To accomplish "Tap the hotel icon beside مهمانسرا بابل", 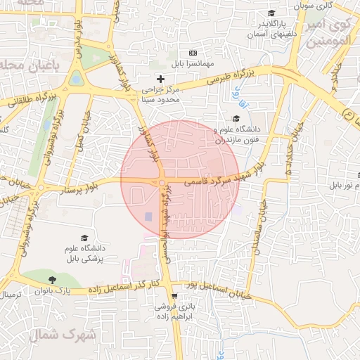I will (x=193, y=53).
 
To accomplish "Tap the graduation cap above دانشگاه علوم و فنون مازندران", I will (x=235, y=118).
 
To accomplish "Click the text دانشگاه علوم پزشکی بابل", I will (x=84, y=253).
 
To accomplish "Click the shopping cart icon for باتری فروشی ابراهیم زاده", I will (x=164, y=296).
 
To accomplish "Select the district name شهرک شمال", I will (x=71, y=334).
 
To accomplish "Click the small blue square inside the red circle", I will (x=148, y=216).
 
